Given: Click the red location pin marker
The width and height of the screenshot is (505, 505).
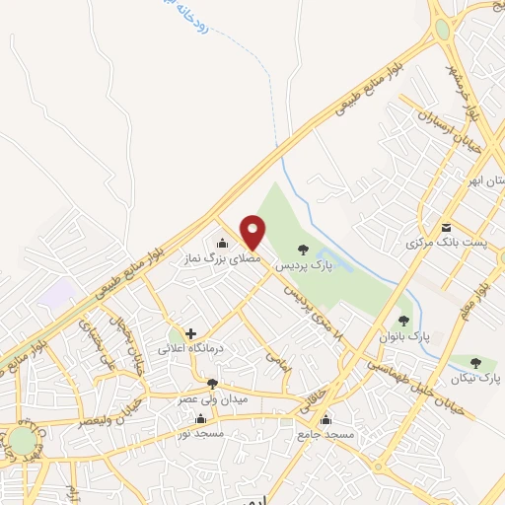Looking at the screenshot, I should tap(253, 232).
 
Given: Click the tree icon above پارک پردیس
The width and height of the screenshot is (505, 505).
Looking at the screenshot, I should tap(302, 250).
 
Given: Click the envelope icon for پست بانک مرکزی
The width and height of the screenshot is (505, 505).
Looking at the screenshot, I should tap(446, 227).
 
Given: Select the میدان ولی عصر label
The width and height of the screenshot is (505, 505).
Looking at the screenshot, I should tap(212, 398).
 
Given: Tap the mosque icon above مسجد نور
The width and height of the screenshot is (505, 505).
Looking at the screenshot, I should tap(201, 418).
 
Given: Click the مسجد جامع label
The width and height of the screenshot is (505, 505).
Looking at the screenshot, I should tap(325, 434).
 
